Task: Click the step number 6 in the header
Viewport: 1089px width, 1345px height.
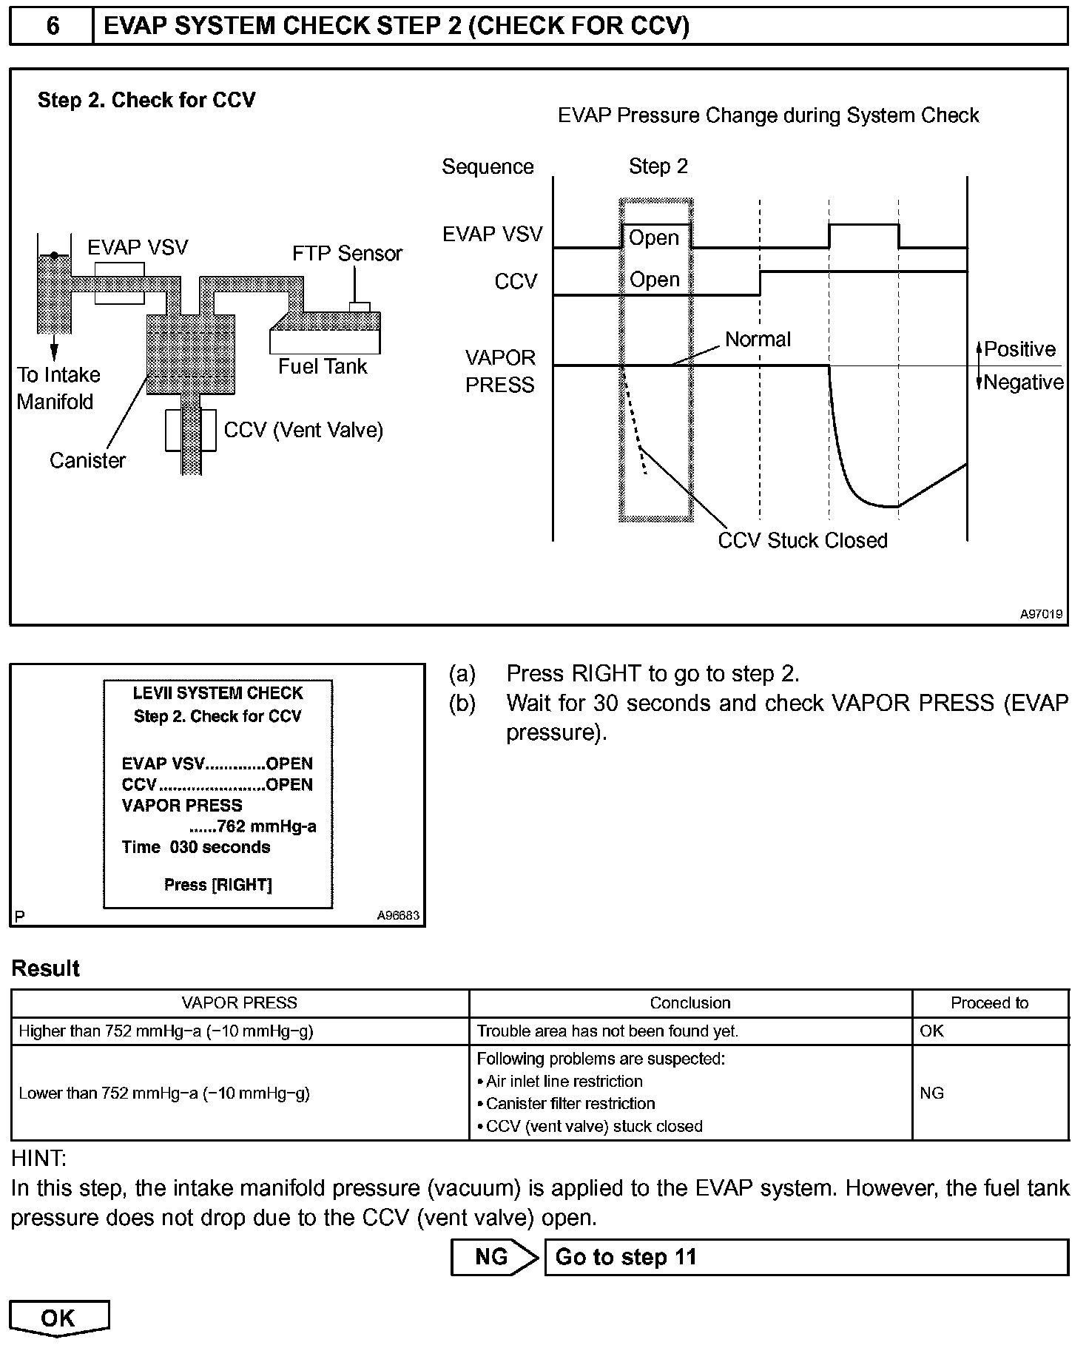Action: [x=53, y=27]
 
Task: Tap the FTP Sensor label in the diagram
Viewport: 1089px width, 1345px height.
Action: [x=347, y=254]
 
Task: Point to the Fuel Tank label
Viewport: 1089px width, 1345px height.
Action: [x=323, y=367]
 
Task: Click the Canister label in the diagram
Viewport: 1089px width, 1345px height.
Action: [x=87, y=461]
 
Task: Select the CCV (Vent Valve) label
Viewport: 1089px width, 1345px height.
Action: [x=303, y=431]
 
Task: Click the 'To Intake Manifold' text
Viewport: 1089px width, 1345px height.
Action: [x=58, y=388]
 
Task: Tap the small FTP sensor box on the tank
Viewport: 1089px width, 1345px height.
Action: [x=360, y=307]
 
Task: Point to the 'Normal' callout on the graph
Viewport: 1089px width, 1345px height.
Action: [x=758, y=340]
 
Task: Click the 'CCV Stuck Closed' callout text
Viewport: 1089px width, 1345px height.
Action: [x=803, y=541]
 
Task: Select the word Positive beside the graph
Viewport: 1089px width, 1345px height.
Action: [x=1019, y=349]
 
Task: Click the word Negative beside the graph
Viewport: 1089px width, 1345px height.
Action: [x=1024, y=382]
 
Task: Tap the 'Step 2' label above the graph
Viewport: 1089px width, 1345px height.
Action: [x=658, y=166]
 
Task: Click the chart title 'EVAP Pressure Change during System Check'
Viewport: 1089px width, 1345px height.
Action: [x=768, y=116]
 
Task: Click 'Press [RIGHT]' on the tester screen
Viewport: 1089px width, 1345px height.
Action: [x=218, y=885]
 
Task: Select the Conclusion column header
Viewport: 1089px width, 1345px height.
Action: [x=690, y=1003]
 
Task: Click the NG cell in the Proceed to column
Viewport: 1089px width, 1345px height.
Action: [x=932, y=1093]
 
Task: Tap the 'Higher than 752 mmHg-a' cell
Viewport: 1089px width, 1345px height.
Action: [x=166, y=1031]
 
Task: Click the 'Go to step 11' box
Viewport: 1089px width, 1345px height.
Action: [x=806, y=1258]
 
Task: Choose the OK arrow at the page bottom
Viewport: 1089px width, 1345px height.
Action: [x=58, y=1318]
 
